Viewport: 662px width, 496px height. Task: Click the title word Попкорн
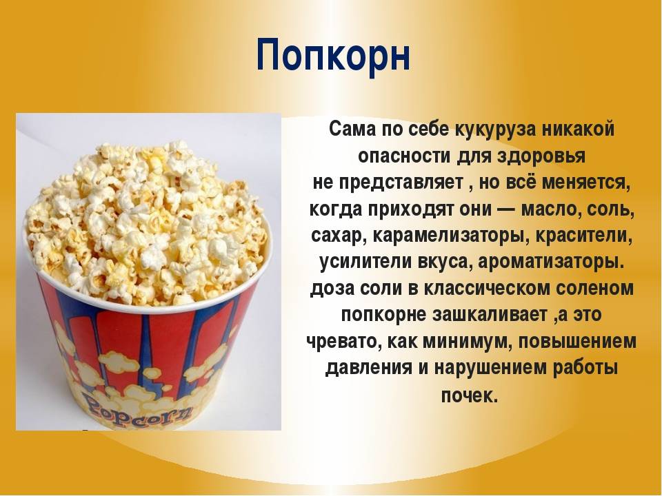pyautogui.click(x=333, y=54)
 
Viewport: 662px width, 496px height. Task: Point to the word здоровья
pyautogui.click(x=542, y=156)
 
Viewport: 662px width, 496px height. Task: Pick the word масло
pyautogui.click(x=548, y=209)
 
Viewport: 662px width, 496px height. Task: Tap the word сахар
pyautogui.click(x=336, y=236)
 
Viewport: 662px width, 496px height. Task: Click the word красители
pyautogui.click(x=584, y=236)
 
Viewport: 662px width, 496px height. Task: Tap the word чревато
pyautogui.click(x=339, y=342)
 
